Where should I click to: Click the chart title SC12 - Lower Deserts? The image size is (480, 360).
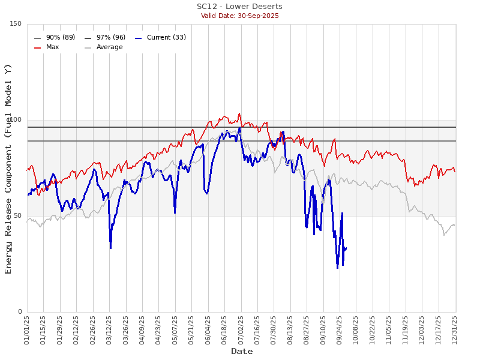tap(239, 7)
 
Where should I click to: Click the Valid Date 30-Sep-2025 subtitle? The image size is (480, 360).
tap(239, 16)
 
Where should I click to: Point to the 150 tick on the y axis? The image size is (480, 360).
tap(16, 24)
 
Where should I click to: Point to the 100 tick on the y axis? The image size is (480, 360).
tap(16, 120)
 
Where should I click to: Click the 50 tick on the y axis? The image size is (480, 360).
tap(18, 216)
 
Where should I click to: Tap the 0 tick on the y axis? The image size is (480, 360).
tap(20, 312)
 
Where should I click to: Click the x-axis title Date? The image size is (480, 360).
tap(242, 352)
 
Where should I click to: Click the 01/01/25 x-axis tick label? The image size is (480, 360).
tap(27, 331)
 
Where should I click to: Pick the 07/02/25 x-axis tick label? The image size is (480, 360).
tap(241, 331)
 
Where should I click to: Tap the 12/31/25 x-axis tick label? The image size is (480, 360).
tap(455, 331)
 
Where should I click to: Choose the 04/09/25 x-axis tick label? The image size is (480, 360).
tap(142, 331)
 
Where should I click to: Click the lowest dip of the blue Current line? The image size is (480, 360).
tap(337, 268)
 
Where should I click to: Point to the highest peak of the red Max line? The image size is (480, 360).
tap(239, 113)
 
